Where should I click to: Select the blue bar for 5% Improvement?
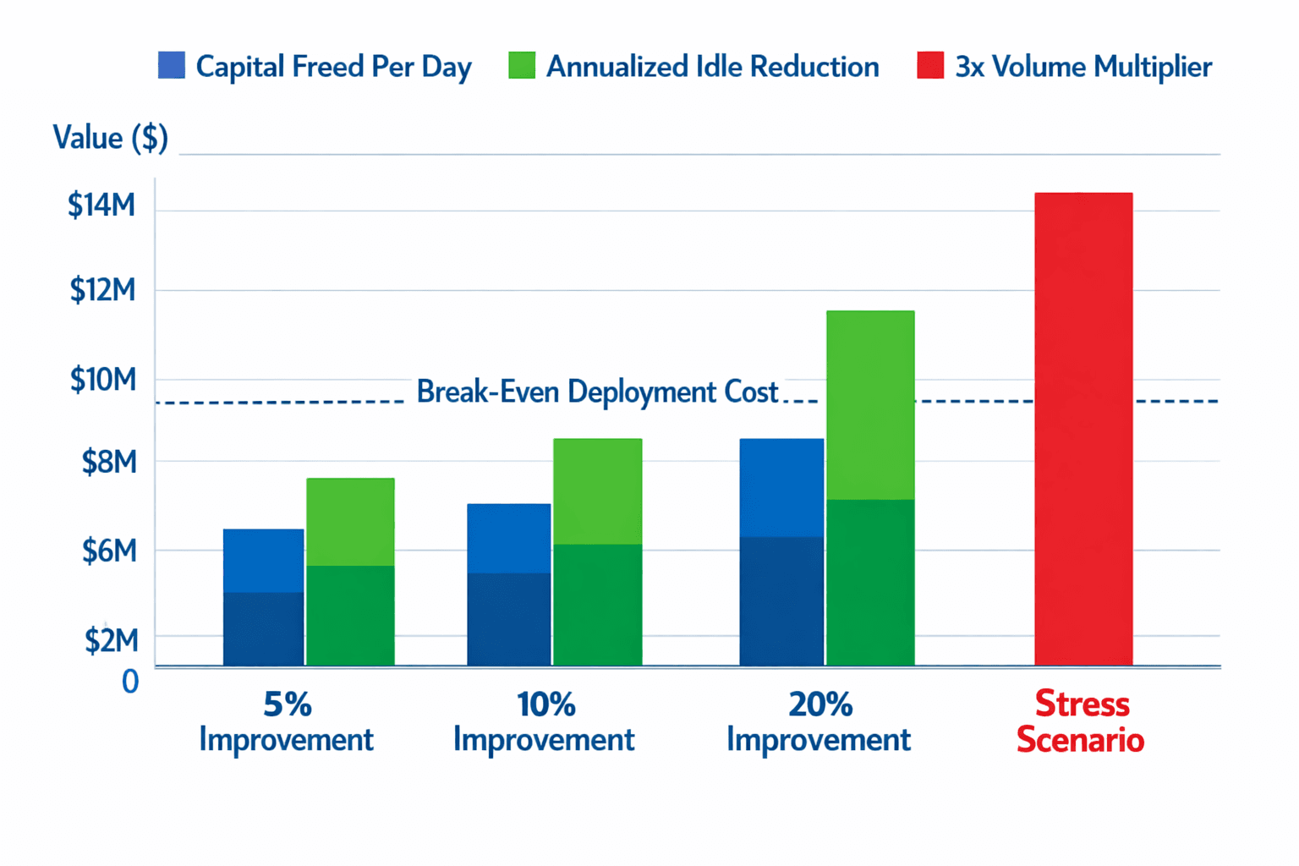coord(263,597)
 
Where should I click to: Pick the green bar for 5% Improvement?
coord(350,572)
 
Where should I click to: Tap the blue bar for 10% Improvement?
coord(508,584)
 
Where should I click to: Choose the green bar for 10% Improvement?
coord(597,551)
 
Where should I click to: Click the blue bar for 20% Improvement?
coord(781,551)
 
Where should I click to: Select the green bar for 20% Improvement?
coord(870,488)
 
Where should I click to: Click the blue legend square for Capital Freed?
coord(172,66)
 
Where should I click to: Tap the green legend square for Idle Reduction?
coord(522,66)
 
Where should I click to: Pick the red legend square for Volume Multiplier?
coord(930,66)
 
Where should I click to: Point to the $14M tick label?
coord(101,206)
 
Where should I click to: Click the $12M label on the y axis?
coord(102,291)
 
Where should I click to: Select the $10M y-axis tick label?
coord(102,381)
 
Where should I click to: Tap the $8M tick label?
coord(108,463)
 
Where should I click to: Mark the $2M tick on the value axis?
coord(111,641)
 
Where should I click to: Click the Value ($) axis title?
coord(110,137)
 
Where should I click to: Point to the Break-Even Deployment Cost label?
coord(597,392)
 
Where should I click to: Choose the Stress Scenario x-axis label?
coord(1081,721)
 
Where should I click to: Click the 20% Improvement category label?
coord(819,721)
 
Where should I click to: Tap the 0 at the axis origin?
coord(130,681)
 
